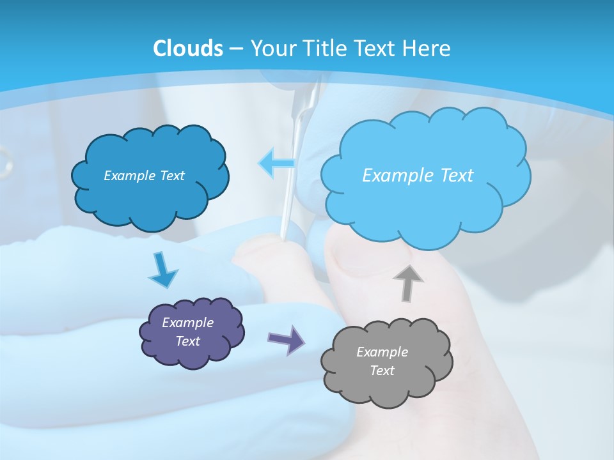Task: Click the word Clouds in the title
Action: [x=188, y=49]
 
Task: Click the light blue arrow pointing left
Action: [x=276, y=164]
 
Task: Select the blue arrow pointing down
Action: [x=162, y=271]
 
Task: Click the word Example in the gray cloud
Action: [x=382, y=352]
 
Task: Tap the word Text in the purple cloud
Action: [x=188, y=341]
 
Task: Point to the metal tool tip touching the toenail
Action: [x=282, y=237]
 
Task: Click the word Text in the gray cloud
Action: [x=382, y=371]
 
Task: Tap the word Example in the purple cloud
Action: [x=188, y=323]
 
